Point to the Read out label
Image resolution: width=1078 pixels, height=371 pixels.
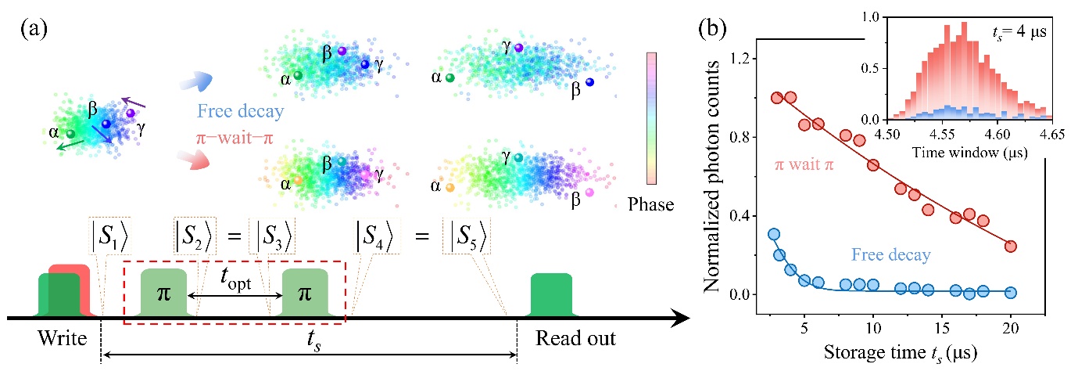click(x=575, y=339)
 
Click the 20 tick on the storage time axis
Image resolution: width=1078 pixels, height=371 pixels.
click(x=1011, y=324)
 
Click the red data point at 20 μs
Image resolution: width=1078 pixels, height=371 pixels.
click(x=1011, y=246)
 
